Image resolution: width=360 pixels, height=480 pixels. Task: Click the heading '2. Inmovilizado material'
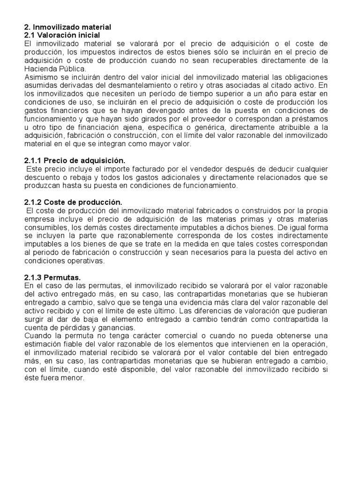coord(67,28)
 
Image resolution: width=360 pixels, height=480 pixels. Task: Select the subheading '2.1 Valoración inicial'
coord(62,35)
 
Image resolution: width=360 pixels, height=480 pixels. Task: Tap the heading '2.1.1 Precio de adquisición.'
coord(75,160)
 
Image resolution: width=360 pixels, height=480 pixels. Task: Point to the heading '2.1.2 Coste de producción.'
coord(73,202)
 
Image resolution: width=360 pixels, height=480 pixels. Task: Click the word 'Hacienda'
coord(41,69)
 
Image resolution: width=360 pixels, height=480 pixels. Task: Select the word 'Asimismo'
coord(40,77)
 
